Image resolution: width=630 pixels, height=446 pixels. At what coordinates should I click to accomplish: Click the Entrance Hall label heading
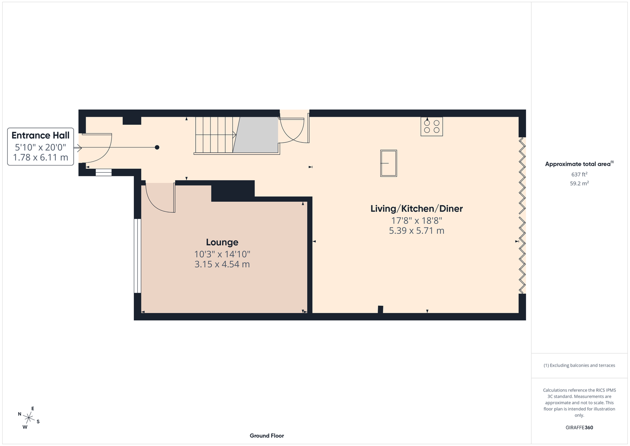point(40,135)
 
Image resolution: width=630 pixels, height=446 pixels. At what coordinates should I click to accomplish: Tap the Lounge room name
point(222,242)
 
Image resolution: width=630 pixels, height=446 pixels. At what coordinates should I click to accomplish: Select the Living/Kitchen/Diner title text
point(416,209)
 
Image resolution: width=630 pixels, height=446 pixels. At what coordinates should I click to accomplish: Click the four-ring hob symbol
point(432,127)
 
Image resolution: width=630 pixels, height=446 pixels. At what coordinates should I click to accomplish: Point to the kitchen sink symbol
point(389,163)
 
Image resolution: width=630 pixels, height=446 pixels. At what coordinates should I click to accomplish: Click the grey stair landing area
point(255,135)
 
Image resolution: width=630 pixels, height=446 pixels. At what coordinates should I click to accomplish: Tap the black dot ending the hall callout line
point(157,147)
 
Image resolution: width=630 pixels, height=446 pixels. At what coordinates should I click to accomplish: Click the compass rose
point(29,418)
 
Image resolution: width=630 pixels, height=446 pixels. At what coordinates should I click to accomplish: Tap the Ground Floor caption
point(267,436)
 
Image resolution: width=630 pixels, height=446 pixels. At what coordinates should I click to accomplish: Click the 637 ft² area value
point(579,174)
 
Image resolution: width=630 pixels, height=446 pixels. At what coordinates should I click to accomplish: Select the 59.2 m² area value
point(579,183)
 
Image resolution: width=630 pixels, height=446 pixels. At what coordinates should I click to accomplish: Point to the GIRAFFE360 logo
point(579,427)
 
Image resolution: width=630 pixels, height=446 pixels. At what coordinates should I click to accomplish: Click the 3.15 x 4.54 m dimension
point(222,264)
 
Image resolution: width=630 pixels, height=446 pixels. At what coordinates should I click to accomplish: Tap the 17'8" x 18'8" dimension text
point(416,220)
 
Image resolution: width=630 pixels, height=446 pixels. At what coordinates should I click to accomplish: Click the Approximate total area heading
point(579,164)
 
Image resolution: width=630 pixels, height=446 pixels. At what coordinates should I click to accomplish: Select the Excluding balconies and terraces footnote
point(579,365)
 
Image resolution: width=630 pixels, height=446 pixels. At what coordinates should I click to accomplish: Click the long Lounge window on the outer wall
point(137,256)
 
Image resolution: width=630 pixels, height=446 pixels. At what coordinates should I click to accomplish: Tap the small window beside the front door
point(103,173)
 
